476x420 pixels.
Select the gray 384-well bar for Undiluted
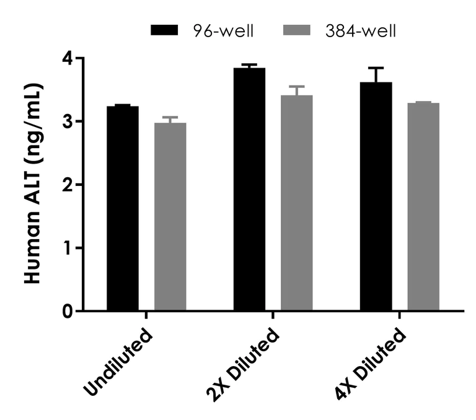click(170, 216)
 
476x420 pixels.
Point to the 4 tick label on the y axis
click(66, 58)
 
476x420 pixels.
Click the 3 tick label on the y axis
click(66, 121)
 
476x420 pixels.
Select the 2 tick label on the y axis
click(66, 185)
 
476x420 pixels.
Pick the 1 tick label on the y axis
click(66, 248)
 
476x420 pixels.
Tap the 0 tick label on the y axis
click(66, 311)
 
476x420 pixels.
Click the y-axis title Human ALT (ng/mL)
click(33, 183)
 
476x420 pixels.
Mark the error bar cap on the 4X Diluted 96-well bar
click(376, 68)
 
